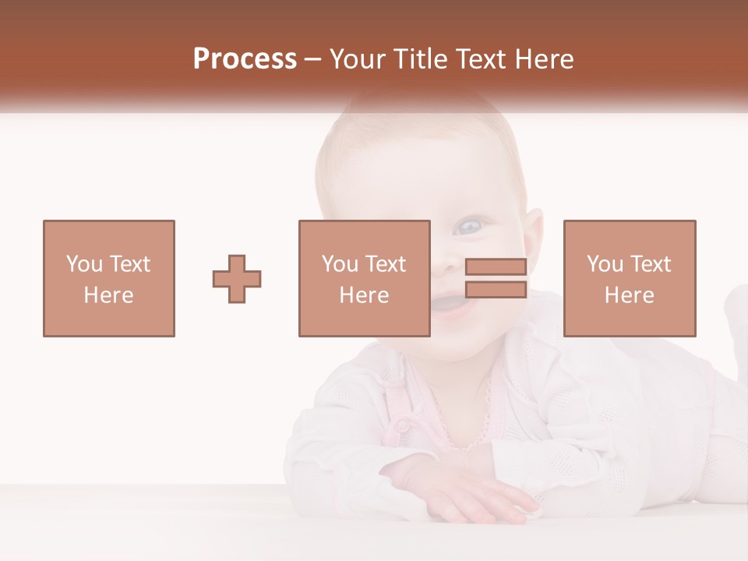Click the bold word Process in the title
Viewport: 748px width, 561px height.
[x=245, y=59]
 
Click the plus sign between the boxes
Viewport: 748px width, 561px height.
[x=237, y=279]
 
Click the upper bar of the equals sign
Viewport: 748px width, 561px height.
[x=496, y=267]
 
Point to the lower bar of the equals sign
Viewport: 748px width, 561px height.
[x=496, y=290]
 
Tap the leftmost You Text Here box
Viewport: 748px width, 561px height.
[x=108, y=234]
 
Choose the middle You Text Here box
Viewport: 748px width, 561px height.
[x=364, y=234]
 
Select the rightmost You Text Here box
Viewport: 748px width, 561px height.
[x=630, y=234]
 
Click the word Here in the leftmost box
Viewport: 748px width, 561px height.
[x=108, y=295]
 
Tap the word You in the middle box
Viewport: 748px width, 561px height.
[x=340, y=264]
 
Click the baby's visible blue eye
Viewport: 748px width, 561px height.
[x=468, y=227]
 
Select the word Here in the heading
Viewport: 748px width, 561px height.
[x=542, y=59]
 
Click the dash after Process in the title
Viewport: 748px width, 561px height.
[x=313, y=59]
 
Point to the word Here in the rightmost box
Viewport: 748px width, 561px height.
[x=630, y=295]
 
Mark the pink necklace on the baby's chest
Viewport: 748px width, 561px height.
[x=467, y=429]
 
